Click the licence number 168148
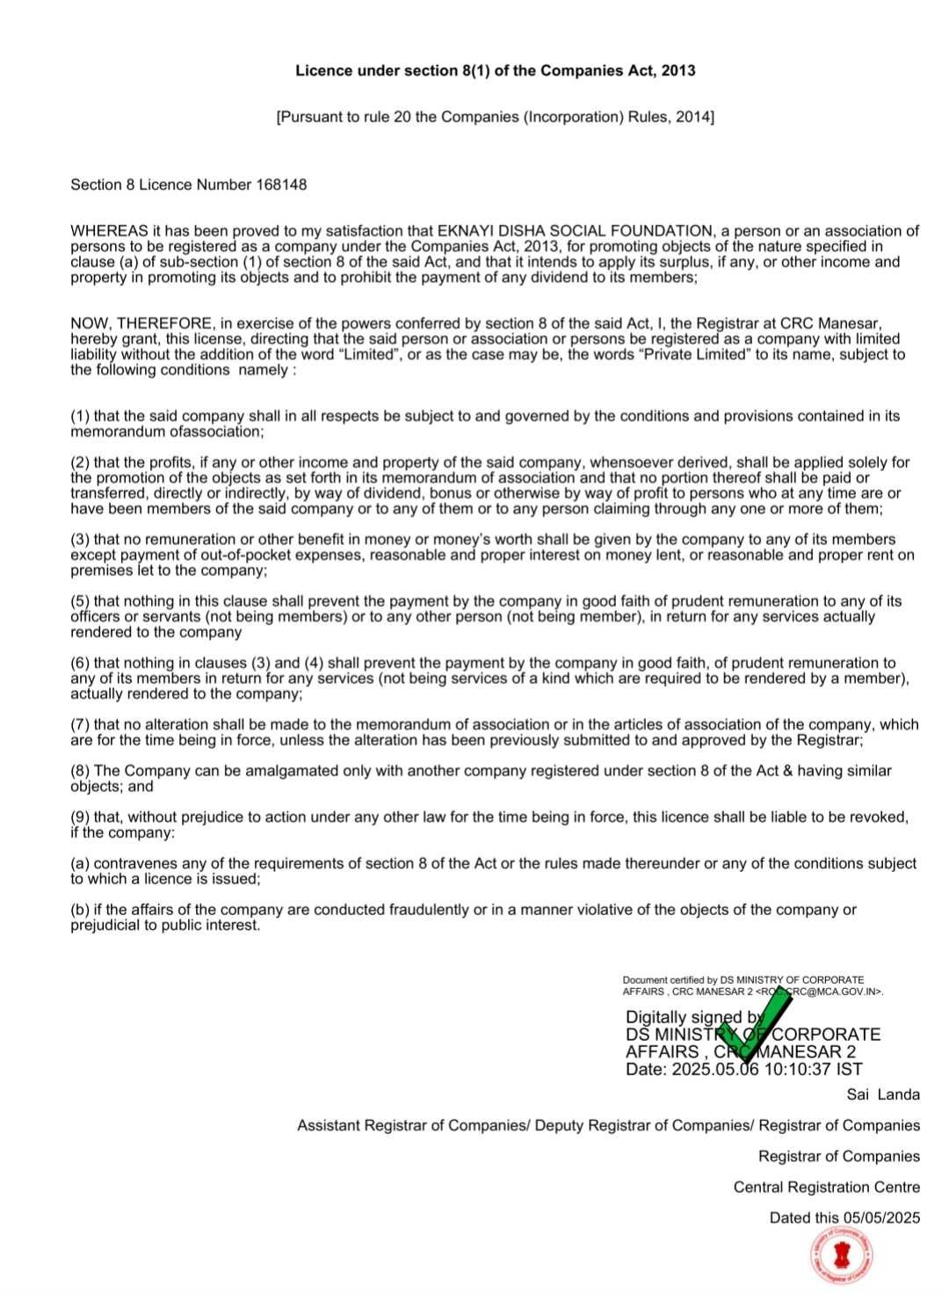[281, 185]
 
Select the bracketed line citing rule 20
[495, 117]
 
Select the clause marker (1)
[80, 416]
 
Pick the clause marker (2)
[80, 462]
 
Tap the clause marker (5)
[80, 601]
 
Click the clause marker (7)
[80, 724]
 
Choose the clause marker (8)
[80, 771]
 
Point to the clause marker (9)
[80, 817]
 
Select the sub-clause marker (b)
[80, 910]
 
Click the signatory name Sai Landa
[882, 1094]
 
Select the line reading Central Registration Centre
[826, 1187]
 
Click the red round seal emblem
[842, 1258]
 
